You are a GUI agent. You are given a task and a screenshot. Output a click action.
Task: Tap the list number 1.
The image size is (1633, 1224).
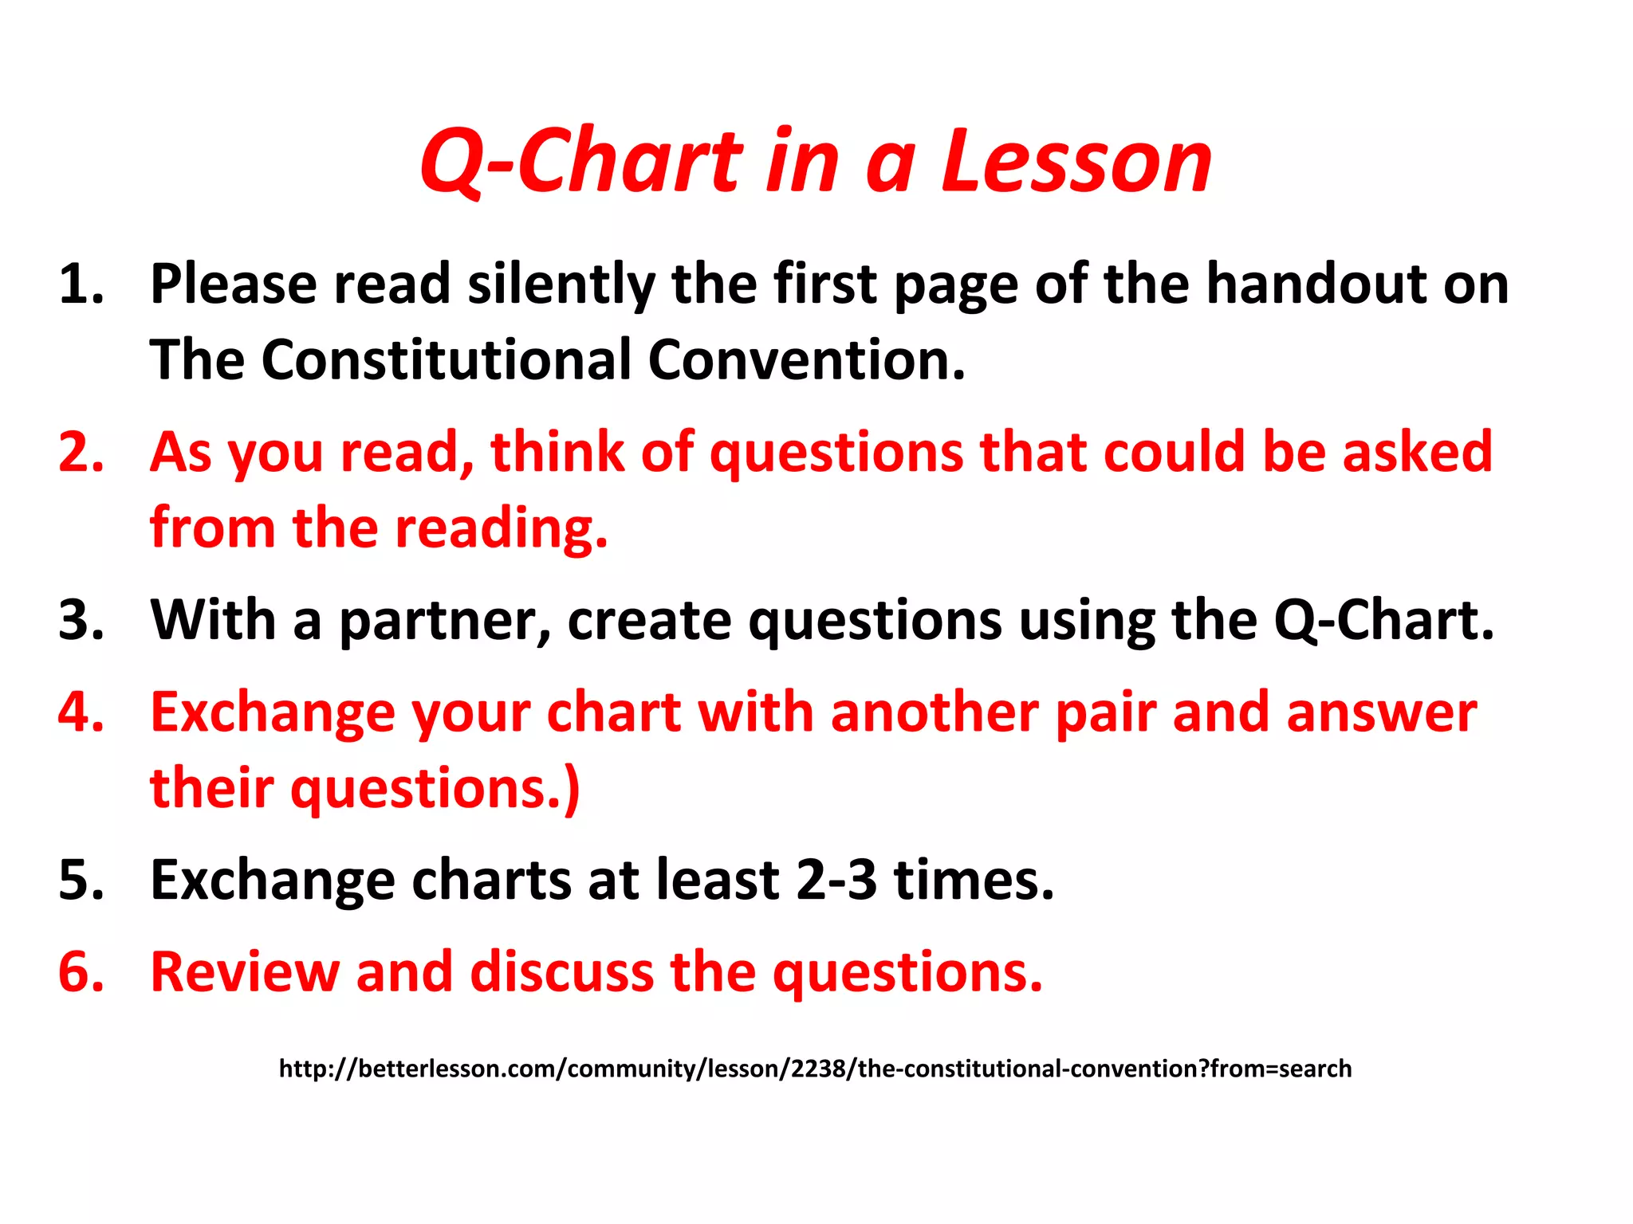point(81,284)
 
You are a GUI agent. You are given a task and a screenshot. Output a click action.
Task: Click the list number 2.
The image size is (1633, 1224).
point(81,453)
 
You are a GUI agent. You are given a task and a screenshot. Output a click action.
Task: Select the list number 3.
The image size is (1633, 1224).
point(81,621)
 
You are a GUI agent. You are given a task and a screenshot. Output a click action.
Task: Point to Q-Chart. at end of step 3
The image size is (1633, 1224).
point(1383,621)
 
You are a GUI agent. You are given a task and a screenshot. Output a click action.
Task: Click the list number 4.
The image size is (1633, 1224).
point(81,712)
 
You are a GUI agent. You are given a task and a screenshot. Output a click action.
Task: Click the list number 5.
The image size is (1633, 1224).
point(81,881)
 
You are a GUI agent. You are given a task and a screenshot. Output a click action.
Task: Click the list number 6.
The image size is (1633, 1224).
point(81,973)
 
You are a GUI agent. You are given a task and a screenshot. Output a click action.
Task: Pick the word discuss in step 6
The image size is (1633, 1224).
point(562,973)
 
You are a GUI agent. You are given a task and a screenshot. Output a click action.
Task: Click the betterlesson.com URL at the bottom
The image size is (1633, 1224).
point(815,1069)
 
